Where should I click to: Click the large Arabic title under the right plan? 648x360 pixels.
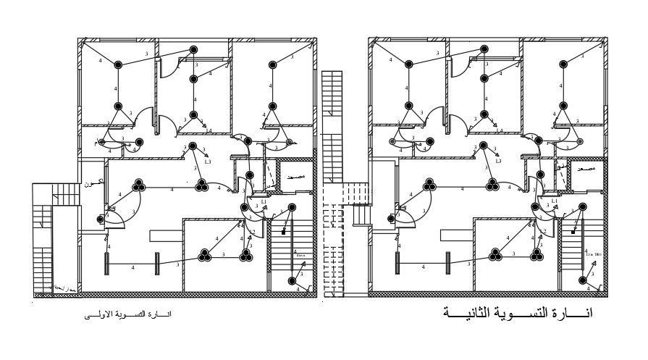click(517, 314)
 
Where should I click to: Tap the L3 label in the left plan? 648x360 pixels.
click(208, 162)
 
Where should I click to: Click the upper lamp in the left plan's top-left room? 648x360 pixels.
click(117, 64)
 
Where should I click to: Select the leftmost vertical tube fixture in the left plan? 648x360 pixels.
click(106, 264)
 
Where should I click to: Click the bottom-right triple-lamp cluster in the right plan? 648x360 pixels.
click(537, 254)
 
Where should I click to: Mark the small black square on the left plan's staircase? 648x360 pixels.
click(283, 233)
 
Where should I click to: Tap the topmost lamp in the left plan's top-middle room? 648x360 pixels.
click(193, 49)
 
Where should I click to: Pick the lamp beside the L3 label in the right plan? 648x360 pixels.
click(484, 146)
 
